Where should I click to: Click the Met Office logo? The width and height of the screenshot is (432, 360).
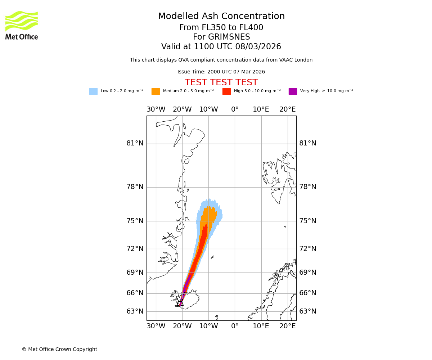coord(22,25)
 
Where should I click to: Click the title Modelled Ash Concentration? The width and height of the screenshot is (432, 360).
coord(221,17)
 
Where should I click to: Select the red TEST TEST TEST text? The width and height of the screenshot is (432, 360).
coord(221,83)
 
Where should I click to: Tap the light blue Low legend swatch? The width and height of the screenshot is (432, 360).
coord(93,91)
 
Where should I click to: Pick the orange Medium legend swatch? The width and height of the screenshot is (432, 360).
coord(156,91)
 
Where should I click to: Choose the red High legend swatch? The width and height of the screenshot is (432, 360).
coord(226,91)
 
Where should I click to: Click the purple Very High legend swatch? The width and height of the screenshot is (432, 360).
coord(293,91)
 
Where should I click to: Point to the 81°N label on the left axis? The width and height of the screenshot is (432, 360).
coord(135,143)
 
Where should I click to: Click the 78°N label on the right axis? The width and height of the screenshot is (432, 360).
coord(308,187)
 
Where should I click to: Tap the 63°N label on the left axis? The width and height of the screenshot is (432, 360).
coord(135,311)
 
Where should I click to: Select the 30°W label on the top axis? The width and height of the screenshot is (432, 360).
coord(156,109)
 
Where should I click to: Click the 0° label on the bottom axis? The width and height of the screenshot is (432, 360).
coord(235,326)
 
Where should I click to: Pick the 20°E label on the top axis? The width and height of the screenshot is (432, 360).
coord(287,109)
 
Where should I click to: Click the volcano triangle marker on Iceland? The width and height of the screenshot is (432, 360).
coord(181,303)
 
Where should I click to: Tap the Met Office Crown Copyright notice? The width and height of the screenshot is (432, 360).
coord(59,350)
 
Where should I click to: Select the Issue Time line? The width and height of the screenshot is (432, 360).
coord(221,72)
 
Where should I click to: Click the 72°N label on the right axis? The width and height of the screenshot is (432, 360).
coord(308,249)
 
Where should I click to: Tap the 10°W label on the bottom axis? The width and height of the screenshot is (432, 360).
coord(208,326)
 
